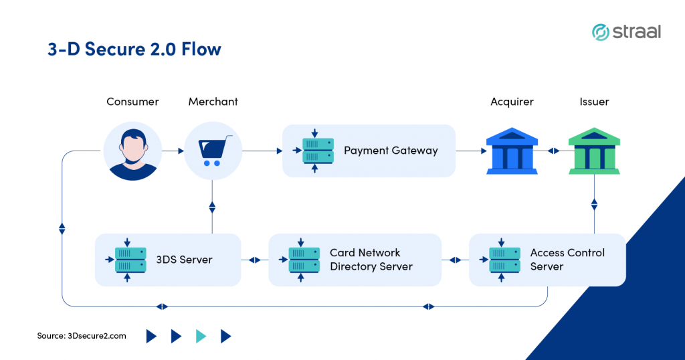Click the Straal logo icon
coord(601,32)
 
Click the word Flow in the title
coord(201,49)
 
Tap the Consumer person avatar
coord(133,151)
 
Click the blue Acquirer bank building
coord(512,151)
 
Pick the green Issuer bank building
coord(594,151)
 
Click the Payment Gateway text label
coord(391,151)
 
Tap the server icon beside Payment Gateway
coord(315,151)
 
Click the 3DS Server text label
coord(185,260)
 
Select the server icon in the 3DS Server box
coord(127,260)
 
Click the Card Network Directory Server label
coord(371,260)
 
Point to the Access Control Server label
coord(567,260)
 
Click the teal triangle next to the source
coord(201,336)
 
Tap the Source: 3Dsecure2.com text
coord(82,336)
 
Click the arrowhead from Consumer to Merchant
coord(181,151)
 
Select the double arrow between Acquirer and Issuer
coord(553,151)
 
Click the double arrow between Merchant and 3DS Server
coord(212,207)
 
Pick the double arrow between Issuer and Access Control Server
coord(594,205)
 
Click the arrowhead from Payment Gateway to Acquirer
coord(484,151)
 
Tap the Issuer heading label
coord(594,102)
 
